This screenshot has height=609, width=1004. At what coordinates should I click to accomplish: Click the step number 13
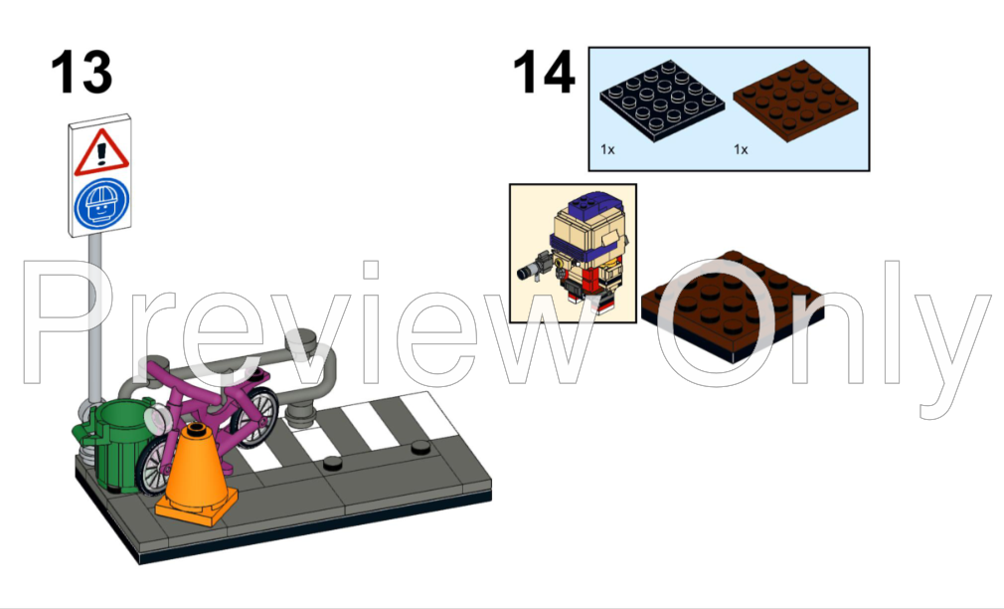tap(82, 72)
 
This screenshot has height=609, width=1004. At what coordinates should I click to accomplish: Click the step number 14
tap(544, 72)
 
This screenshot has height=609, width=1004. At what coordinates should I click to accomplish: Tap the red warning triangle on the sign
tap(101, 152)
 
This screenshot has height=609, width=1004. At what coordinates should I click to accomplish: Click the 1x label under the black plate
tap(607, 149)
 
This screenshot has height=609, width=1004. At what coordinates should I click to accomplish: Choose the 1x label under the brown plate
tap(741, 149)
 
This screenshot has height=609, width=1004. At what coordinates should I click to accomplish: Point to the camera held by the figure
tap(534, 267)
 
